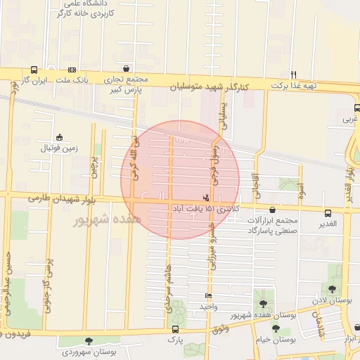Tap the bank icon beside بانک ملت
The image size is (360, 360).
(72, 70)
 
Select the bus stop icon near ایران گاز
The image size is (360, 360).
(34, 70)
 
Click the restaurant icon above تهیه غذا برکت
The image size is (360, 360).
(293, 74)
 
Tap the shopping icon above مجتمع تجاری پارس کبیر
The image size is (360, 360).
(126, 69)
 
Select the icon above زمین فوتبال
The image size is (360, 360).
(59, 137)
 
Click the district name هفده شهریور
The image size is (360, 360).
(107, 219)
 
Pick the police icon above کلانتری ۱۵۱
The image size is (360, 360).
(205, 197)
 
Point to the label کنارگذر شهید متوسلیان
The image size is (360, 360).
(212, 86)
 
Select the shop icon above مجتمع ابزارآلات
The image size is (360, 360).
(273, 210)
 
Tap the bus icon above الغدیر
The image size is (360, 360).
(328, 213)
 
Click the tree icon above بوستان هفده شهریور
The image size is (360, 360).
(263, 304)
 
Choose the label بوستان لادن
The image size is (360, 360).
(333, 300)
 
